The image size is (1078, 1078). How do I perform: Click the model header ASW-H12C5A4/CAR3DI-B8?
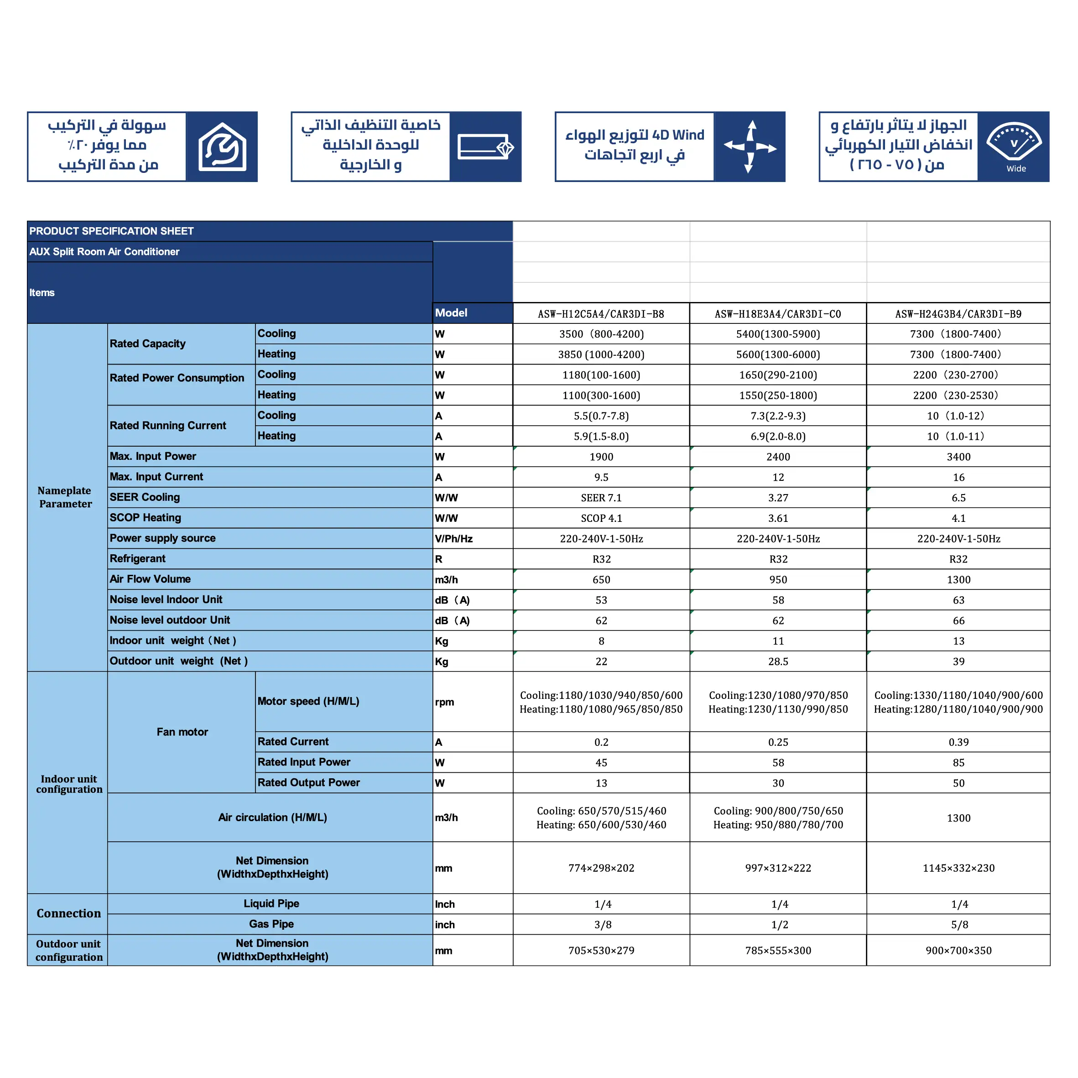tap(601, 313)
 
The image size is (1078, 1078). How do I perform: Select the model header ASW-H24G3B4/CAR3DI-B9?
tap(958, 313)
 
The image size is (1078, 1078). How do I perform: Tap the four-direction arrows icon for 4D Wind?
tap(750, 147)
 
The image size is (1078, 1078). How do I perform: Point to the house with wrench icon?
tap(222, 147)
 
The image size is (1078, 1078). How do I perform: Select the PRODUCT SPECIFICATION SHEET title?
tap(112, 231)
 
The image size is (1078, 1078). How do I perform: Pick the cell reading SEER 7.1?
tap(601, 498)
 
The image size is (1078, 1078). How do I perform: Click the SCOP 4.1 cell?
tap(601, 518)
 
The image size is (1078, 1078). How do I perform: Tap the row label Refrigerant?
tap(137, 558)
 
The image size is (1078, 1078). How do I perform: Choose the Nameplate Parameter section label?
tap(65, 497)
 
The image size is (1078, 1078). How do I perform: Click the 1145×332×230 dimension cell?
tap(958, 868)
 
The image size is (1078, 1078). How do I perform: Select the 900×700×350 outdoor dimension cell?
tap(958, 950)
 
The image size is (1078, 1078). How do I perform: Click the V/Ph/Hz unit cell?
tap(453, 538)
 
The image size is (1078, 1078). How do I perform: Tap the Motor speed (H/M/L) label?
tap(308, 701)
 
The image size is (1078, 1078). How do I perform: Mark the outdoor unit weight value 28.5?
tap(778, 661)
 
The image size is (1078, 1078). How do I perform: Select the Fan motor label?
tap(182, 731)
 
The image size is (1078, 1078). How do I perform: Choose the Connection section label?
tap(68, 913)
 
